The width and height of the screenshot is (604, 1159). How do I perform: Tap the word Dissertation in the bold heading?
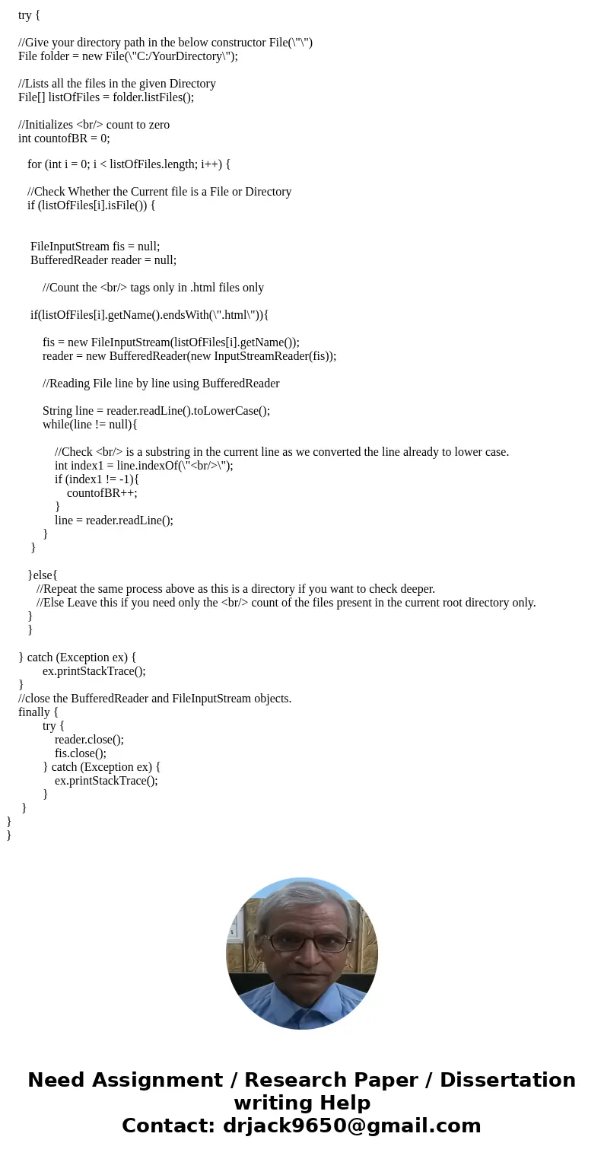507,1080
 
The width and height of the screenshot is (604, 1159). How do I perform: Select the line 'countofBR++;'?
102,492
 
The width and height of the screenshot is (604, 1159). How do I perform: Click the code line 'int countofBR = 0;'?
64,138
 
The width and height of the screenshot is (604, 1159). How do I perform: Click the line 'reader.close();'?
89,739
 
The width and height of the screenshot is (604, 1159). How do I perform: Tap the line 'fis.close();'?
80,753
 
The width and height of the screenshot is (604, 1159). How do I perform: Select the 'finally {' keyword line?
38,712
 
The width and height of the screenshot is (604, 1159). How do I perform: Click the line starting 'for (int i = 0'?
129,164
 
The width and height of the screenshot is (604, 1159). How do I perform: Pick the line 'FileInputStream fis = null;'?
95,246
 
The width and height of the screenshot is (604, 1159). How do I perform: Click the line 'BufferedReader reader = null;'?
103,260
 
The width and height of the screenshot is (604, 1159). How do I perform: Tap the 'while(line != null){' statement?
90,424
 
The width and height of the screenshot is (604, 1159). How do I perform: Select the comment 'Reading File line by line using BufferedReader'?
161,383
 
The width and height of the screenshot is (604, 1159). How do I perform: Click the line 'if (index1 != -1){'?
97,479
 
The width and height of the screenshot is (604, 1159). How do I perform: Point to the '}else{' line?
43,575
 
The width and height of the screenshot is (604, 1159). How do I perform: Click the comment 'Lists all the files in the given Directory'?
117,83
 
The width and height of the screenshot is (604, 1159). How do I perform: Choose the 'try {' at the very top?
29,14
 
